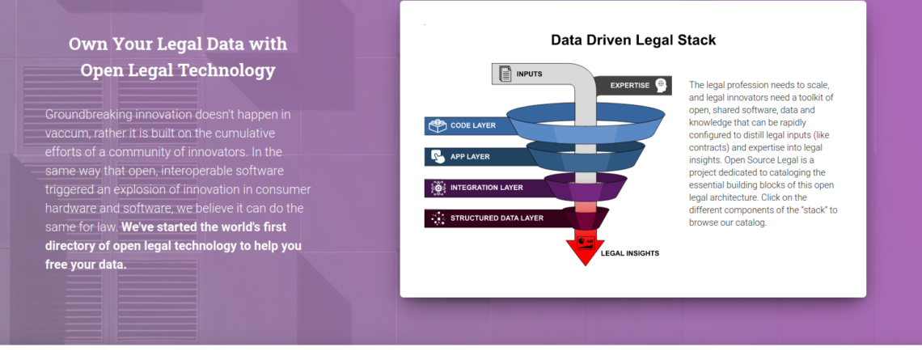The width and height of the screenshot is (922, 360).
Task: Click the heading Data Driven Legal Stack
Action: pos(633,40)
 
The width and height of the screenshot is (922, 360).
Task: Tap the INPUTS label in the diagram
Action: pos(530,75)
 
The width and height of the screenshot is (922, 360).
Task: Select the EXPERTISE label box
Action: pos(632,85)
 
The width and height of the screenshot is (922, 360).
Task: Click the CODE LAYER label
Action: pos(473,126)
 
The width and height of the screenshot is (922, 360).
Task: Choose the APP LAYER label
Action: pos(469,157)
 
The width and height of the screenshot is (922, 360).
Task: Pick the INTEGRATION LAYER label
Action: pos(486,188)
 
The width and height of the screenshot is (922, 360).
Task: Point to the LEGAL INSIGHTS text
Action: pos(629,253)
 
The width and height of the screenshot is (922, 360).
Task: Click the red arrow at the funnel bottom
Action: pos(588,247)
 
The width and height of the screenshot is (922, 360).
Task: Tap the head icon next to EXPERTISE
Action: pos(662,85)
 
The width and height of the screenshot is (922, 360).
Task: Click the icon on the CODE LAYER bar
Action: pos(437,126)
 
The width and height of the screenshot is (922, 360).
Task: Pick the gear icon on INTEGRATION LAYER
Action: pos(437,188)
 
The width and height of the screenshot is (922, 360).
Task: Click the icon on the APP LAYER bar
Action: pos(437,157)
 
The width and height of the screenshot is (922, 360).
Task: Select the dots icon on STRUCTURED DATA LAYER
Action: pos(437,218)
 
